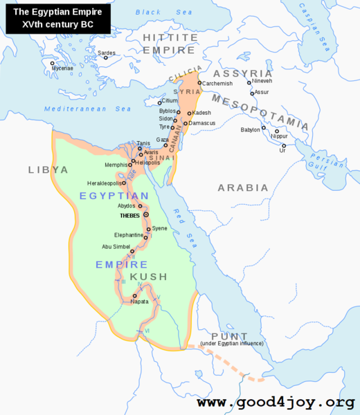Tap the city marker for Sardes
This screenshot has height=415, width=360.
106,57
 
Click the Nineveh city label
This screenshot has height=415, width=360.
262,81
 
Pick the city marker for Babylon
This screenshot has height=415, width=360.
263,127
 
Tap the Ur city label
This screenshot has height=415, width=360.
282,151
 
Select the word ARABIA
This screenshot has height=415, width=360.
242,187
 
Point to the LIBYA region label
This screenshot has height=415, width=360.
48,169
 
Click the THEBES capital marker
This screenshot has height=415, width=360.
146,215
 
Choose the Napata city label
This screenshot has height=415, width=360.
140,302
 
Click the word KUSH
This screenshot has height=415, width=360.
149,277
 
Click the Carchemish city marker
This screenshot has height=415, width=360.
199,83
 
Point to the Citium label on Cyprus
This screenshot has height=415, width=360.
170,101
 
